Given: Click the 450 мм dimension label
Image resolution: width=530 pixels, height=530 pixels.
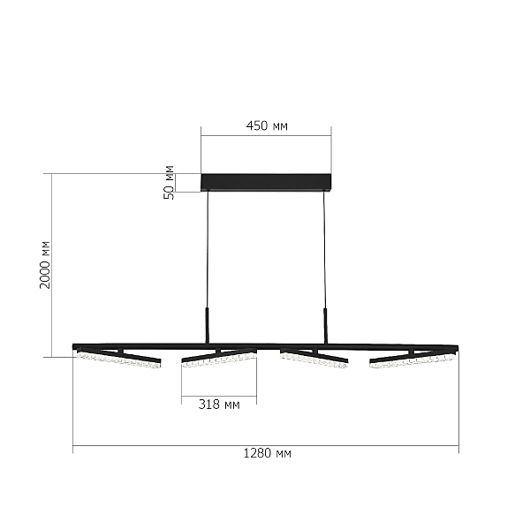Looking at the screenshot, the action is pyautogui.click(x=267, y=126).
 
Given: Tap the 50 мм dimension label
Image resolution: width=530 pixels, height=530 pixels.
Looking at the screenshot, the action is pyautogui.click(x=169, y=183).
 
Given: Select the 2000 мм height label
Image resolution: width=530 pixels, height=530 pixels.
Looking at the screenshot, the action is pyautogui.click(x=45, y=265).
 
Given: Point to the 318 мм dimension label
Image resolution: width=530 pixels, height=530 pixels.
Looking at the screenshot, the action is pyautogui.click(x=219, y=405).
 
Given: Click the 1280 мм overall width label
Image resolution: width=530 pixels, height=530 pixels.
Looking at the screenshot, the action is pyautogui.click(x=267, y=453).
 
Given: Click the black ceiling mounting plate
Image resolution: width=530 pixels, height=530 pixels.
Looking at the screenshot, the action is pyautogui.click(x=266, y=183).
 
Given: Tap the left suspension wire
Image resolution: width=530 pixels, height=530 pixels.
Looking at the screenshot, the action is pyautogui.click(x=208, y=249).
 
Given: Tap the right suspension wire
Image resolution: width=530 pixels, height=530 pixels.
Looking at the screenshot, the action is pyautogui.click(x=324, y=249).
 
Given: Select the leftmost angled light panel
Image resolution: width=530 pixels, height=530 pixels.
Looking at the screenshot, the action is pyautogui.click(x=119, y=359).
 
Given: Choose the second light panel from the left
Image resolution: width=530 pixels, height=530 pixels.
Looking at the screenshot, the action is pyautogui.click(x=219, y=358).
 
